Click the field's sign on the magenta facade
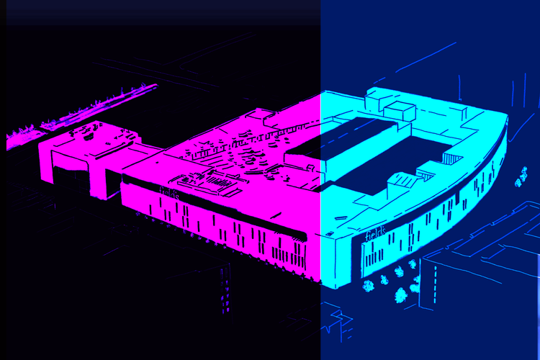pyautogui.click(x=169, y=193)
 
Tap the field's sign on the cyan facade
pyautogui.click(x=375, y=233)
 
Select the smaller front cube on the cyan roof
pyautogui.click(x=399, y=112)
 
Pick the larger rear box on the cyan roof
pyautogui.click(x=379, y=98)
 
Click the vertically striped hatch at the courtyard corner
pyautogui.click(x=451, y=159)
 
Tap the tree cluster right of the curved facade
pyautogui.click(x=521, y=176)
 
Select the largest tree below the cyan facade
pyautogui.click(x=400, y=296)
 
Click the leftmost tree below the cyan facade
pyautogui.click(x=368, y=286)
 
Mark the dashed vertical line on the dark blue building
pyautogui.click(x=435, y=284)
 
